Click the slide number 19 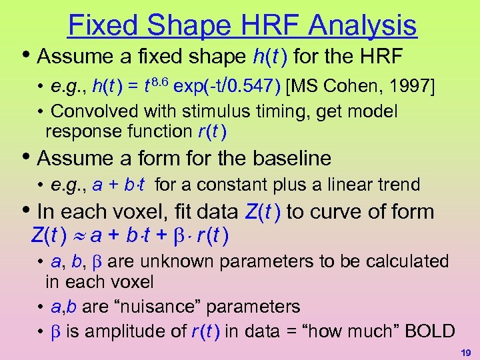465,351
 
